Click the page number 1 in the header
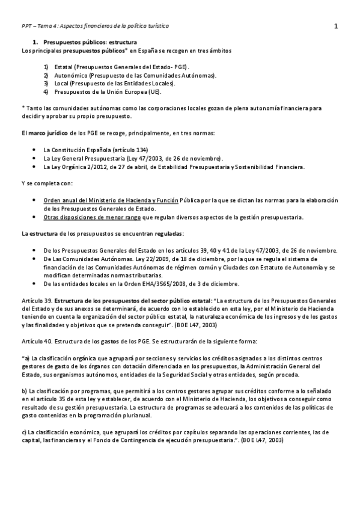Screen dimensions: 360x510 (336, 26)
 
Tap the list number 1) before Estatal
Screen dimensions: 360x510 (46, 67)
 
